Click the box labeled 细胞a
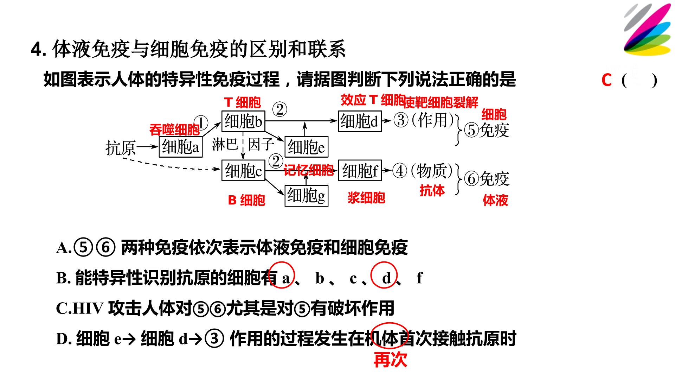click(x=181, y=147)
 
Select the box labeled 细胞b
click(x=243, y=121)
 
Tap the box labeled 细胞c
click(x=243, y=171)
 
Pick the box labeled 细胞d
click(x=360, y=121)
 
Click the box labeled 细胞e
click(x=307, y=147)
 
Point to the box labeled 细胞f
click(x=360, y=171)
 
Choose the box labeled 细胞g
click(x=307, y=196)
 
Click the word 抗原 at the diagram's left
click(x=121, y=148)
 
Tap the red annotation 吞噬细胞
click(x=174, y=130)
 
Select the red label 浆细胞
click(x=366, y=198)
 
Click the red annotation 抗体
click(x=432, y=191)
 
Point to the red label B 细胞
click(x=246, y=200)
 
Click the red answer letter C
click(x=606, y=80)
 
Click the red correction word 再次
click(x=390, y=360)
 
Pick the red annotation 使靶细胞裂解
click(x=441, y=102)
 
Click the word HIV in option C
click(x=88, y=309)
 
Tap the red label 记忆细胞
click(x=309, y=171)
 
